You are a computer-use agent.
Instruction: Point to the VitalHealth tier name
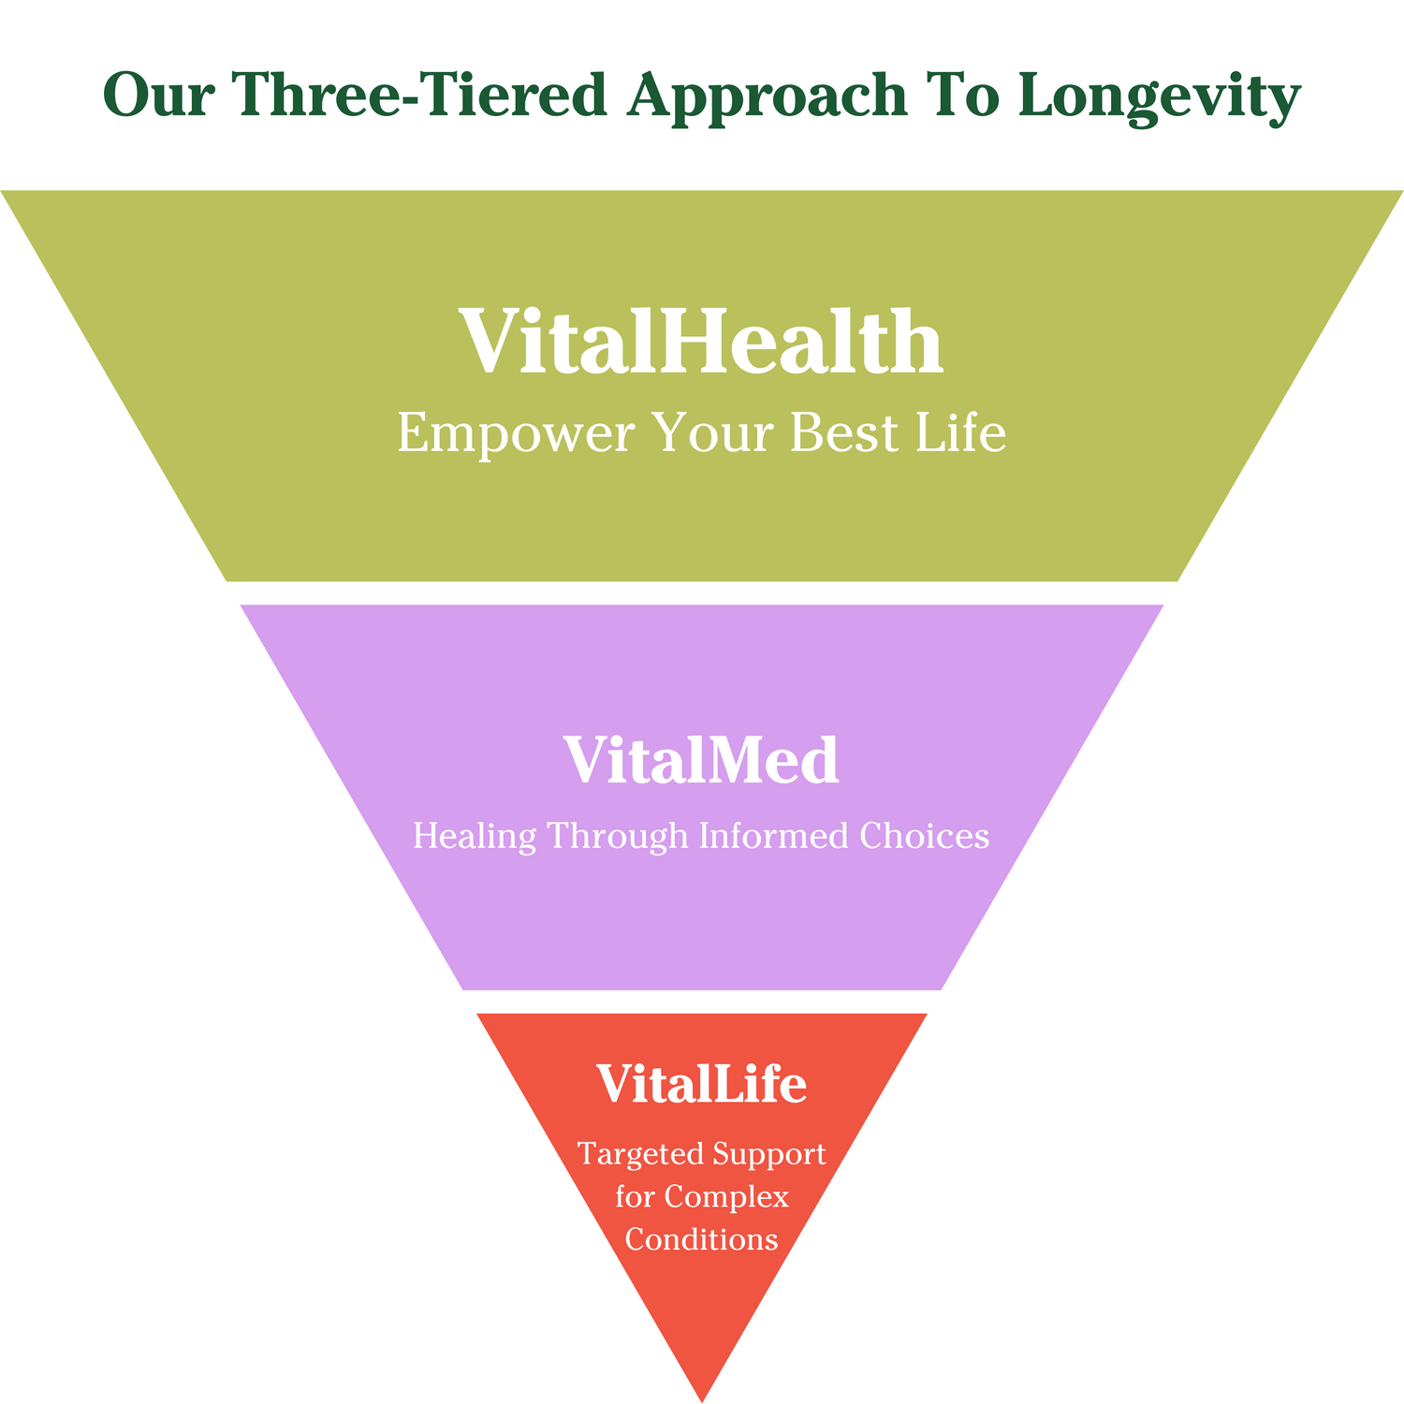(x=701, y=341)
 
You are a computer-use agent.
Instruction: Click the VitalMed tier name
(x=701, y=759)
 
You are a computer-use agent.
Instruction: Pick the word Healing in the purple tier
(x=475, y=836)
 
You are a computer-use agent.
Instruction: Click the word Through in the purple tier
(x=619, y=836)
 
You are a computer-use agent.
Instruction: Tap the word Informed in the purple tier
(x=772, y=836)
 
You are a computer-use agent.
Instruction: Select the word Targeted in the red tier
(x=639, y=1154)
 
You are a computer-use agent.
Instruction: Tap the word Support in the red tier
(x=769, y=1154)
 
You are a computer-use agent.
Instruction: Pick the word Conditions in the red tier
(x=702, y=1239)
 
